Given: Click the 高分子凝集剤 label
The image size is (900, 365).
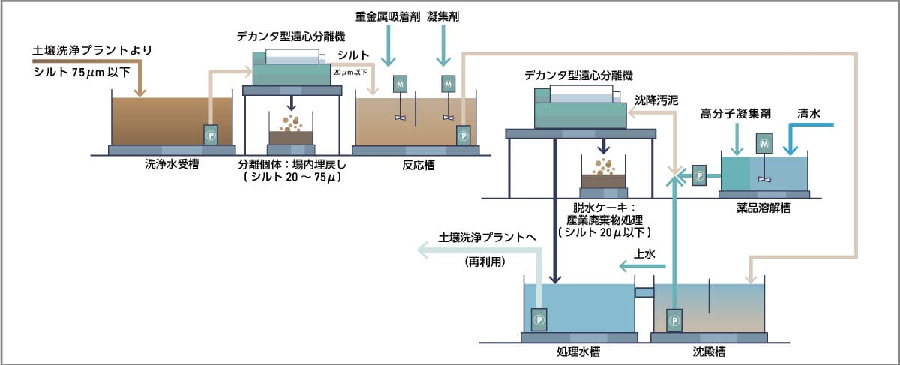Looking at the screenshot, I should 725,114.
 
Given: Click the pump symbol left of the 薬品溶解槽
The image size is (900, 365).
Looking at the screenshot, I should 699,175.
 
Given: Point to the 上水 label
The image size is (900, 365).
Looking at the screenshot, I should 645,255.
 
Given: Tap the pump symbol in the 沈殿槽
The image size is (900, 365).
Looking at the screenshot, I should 675,320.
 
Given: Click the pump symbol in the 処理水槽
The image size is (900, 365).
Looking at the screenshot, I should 538,320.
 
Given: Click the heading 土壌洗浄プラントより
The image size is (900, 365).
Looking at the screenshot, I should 92,51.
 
